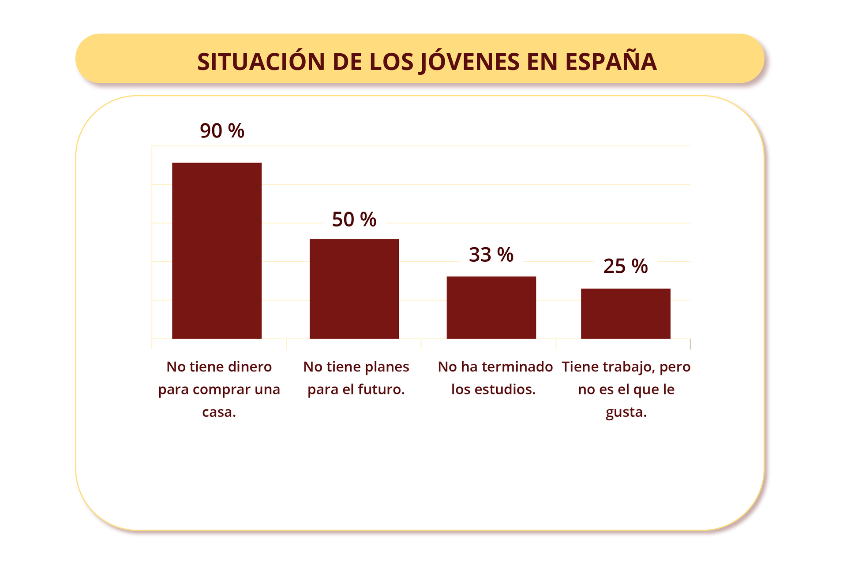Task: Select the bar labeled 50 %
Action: tap(354, 289)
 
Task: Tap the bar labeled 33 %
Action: tap(491, 307)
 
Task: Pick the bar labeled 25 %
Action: tap(626, 313)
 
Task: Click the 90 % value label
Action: tap(222, 131)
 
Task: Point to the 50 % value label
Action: tap(354, 219)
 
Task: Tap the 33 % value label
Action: tap(491, 255)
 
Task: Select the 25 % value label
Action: tap(625, 266)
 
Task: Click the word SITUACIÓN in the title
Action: tap(261, 62)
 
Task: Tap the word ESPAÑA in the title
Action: tap(611, 62)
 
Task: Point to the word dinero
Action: tap(249, 367)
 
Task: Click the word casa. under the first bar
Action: tap(219, 412)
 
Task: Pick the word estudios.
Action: tap(505, 390)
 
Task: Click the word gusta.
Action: tap(626, 412)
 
